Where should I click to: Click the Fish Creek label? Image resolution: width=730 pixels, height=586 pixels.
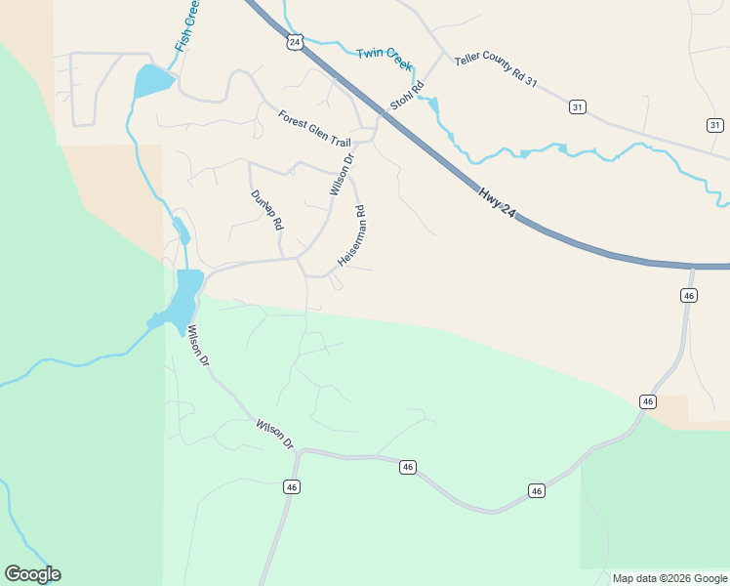click(x=187, y=26)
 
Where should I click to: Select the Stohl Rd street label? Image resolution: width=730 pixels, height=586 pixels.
click(x=407, y=95)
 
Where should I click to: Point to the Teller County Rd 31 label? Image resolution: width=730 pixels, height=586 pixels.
click(x=496, y=73)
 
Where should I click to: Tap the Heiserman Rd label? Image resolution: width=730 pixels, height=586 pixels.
click(x=351, y=236)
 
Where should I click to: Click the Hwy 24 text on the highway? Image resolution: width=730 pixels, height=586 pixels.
click(x=497, y=202)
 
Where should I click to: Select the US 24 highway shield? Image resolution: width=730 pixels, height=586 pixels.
click(x=296, y=43)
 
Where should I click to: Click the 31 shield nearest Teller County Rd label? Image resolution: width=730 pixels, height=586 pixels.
click(x=578, y=107)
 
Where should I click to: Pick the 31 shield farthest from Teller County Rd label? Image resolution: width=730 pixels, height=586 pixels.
click(x=715, y=124)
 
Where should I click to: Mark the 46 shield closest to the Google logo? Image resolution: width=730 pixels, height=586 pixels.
click(x=291, y=486)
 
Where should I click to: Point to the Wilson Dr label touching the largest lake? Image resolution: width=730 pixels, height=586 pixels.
click(x=198, y=345)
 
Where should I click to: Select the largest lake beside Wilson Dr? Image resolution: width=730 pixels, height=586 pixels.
click(x=185, y=297)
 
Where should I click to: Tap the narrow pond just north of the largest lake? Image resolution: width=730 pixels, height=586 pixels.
click(x=181, y=232)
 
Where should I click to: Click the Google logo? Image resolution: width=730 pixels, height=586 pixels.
click(x=32, y=574)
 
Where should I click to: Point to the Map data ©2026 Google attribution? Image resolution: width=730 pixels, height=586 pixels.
click(x=669, y=578)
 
